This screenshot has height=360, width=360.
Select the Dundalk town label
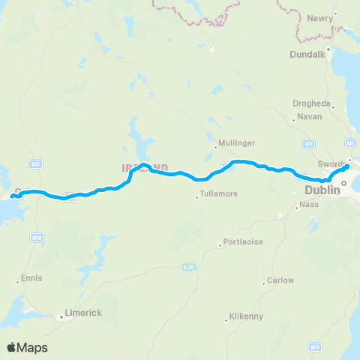306,54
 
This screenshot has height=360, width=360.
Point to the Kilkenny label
247,316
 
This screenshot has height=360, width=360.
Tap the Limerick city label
82,312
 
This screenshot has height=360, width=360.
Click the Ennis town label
32,277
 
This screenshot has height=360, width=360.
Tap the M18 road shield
36,237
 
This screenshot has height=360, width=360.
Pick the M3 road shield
309,143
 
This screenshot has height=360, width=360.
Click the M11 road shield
315,346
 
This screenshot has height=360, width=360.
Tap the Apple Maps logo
27,347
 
